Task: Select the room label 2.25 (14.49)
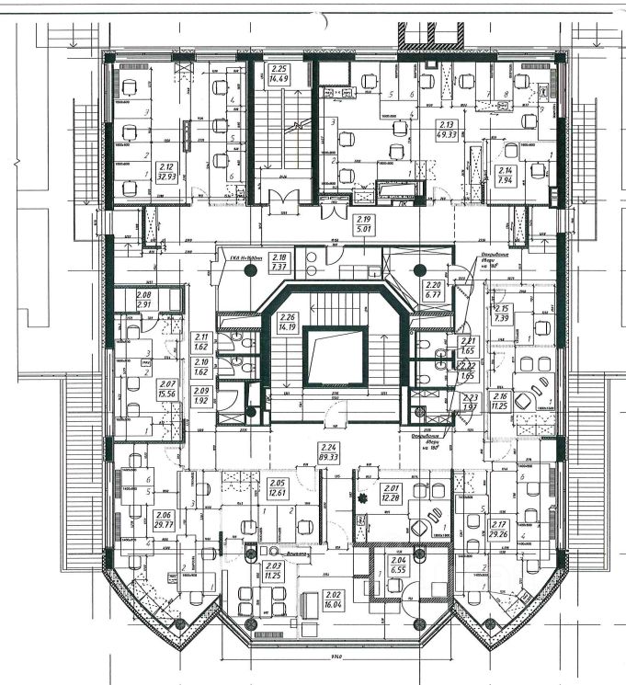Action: [x=279, y=74]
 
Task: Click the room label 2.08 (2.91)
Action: [x=143, y=299]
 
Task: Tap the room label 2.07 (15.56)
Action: [x=167, y=389]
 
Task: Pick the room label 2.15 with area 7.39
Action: [x=502, y=313]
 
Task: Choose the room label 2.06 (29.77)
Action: [x=165, y=519]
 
